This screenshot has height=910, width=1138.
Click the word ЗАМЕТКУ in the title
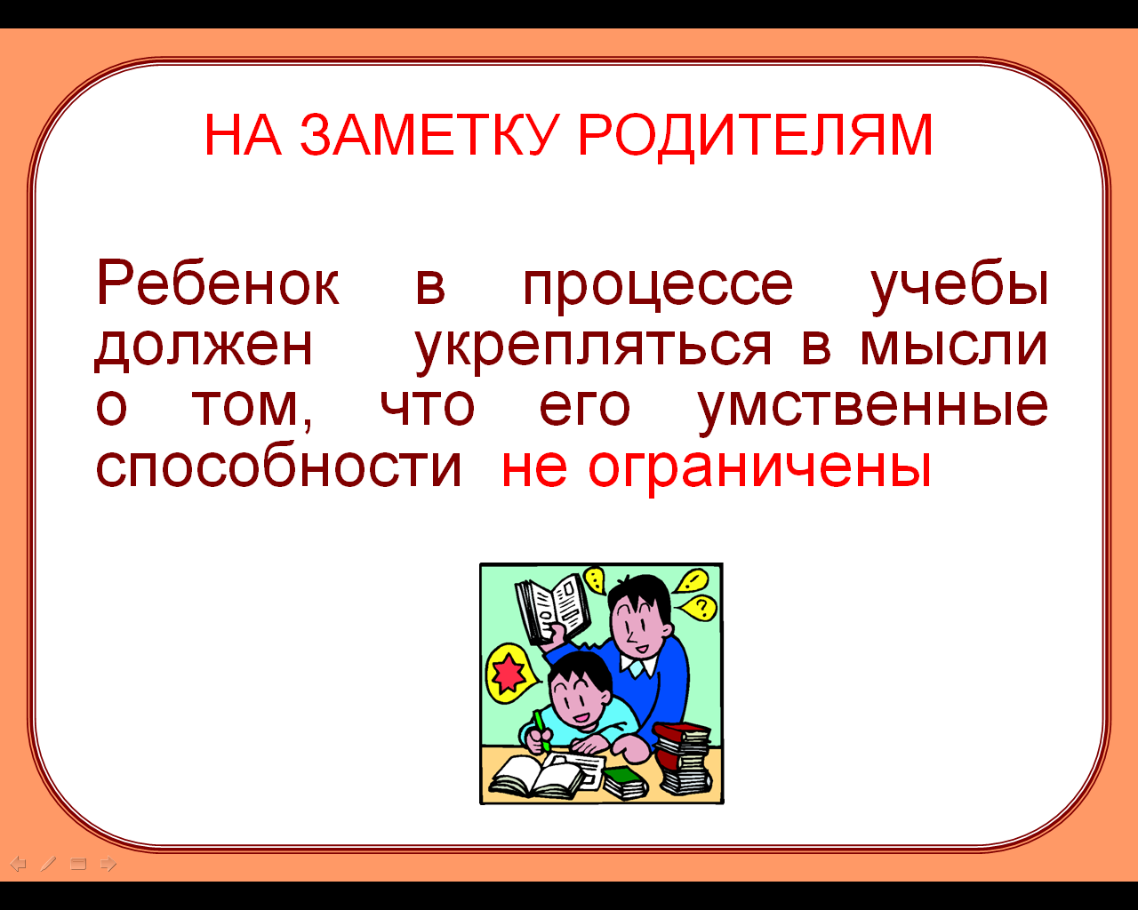coord(429,135)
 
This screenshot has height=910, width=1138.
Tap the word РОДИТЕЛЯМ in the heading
coord(756,136)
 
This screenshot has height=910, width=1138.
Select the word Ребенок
coord(217,282)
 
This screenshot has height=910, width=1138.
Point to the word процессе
coord(658,289)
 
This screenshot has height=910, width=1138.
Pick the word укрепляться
coord(594,349)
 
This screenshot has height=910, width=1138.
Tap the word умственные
coord(872,411)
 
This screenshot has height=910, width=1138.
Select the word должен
coord(204,347)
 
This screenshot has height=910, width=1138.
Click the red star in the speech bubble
coord(509,674)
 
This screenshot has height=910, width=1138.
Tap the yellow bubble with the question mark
coord(699,608)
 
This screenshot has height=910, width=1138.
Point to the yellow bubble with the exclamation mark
coord(692,580)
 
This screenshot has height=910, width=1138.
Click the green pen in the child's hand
coord(541,730)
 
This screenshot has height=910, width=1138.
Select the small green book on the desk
coord(625,782)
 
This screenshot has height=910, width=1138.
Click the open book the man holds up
coord(553,607)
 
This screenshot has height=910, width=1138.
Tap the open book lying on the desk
coord(537,776)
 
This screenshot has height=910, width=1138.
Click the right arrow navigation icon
coord(108,865)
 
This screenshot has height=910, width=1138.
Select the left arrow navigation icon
coord(19,865)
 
